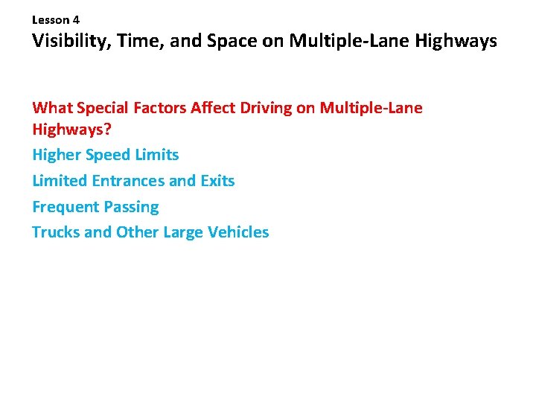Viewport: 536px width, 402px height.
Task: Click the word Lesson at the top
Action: (50, 21)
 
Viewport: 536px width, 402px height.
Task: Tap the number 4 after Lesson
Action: (76, 21)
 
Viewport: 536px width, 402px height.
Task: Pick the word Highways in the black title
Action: (454, 41)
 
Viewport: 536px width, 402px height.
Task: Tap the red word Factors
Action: (160, 108)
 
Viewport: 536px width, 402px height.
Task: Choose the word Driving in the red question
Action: (268, 108)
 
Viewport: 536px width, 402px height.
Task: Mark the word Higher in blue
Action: (57, 155)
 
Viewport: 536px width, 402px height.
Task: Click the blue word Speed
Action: (109, 155)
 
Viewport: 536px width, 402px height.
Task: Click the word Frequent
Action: (66, 207)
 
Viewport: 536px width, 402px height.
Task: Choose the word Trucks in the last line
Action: (56, 232)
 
